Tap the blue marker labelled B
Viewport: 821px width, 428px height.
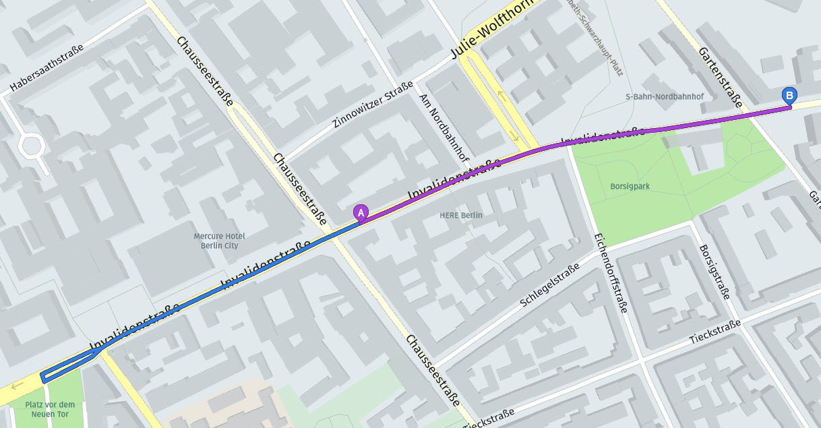point(788,96)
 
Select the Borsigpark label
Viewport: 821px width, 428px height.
point(629,186)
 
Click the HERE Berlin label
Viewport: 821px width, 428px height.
point(461,215)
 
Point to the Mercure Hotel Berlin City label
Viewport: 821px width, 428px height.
point(218,241)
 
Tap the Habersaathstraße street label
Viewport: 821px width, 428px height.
point(47,69)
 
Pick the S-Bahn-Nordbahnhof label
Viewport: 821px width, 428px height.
point(664,96)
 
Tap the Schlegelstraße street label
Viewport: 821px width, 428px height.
point(549,286)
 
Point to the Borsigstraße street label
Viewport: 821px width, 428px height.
point(715,271)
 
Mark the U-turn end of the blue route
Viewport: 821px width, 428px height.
point(44,377)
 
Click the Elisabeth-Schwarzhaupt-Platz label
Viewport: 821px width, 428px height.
point(600,34)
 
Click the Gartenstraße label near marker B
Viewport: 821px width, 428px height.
point(721,77)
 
